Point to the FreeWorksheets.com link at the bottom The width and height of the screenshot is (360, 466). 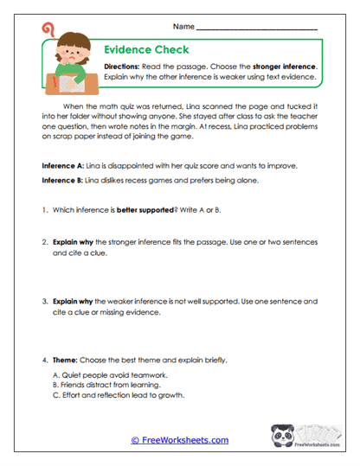[x=179, y=440]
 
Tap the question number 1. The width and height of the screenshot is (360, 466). [x=45, y=210]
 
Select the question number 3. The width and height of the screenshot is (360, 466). [x=45, y=302]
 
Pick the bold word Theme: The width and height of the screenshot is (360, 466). [x=67, y=359]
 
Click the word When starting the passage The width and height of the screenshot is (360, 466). [x=76, y=105]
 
